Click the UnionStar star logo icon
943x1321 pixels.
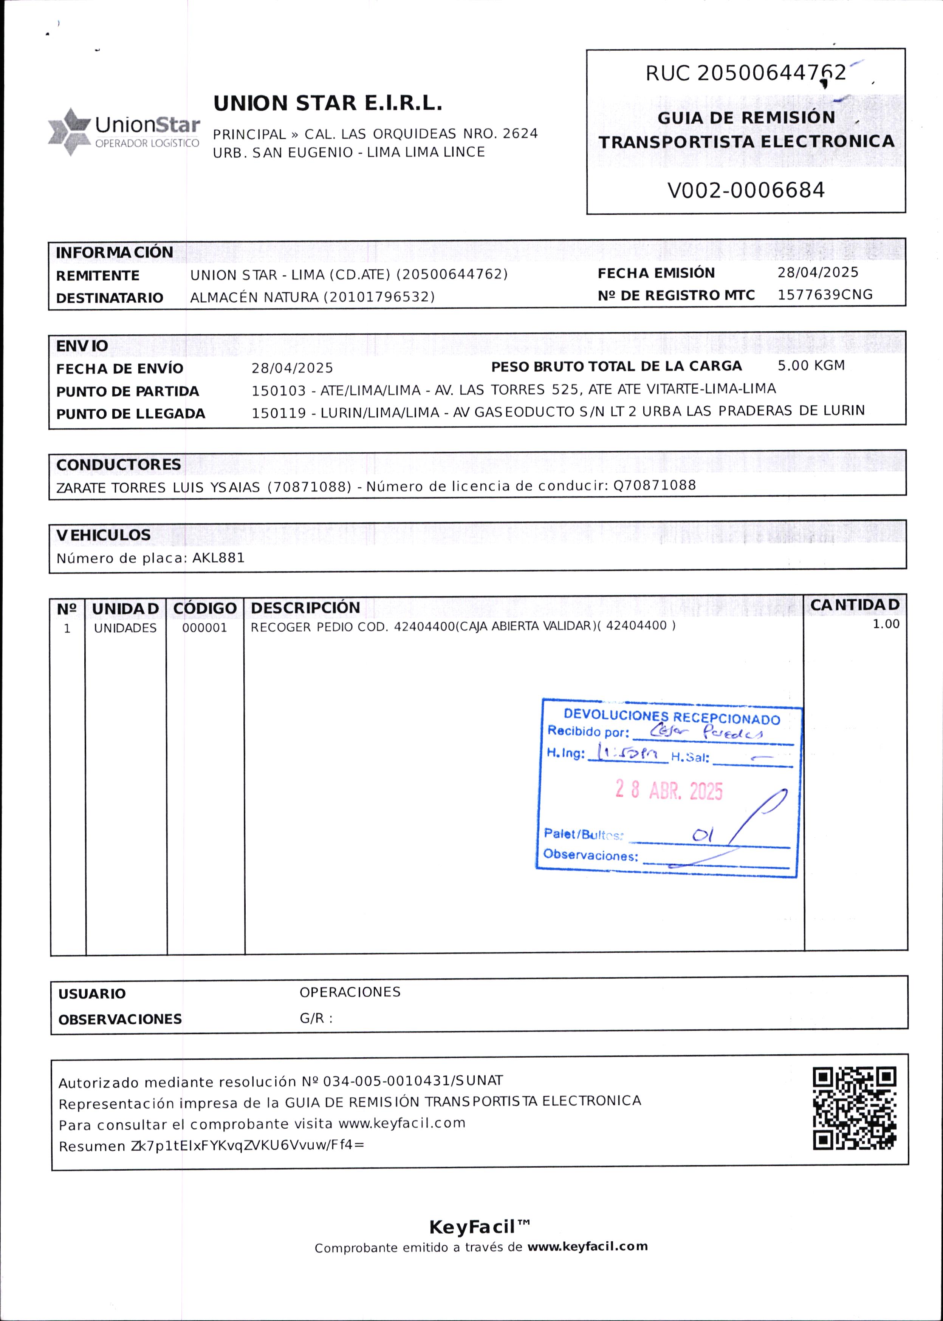[70, 132]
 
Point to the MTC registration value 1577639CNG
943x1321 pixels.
[825, 295]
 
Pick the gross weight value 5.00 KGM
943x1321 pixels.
[811, 366]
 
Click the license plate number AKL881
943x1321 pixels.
[218, 558]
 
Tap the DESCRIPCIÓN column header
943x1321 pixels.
[305, 608]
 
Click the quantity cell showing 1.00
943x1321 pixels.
[886, 624]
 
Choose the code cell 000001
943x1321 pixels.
[204, 628]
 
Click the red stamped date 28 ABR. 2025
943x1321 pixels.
[669, 791]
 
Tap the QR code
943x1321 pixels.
[854, 1109]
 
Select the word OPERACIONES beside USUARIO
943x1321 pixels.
[350, 992]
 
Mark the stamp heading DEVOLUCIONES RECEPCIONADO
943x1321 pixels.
[672, 717]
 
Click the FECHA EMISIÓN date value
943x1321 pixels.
[818, 272]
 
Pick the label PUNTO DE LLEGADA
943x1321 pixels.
[131, 414]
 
